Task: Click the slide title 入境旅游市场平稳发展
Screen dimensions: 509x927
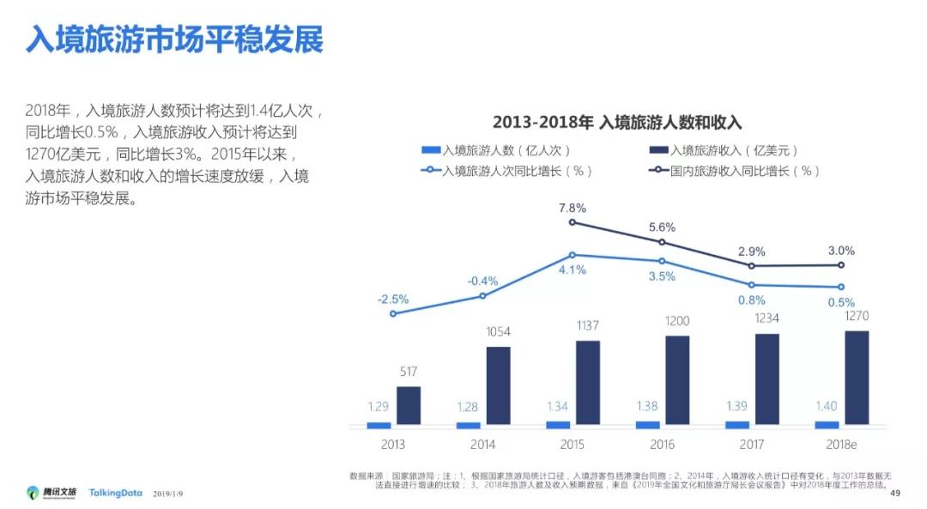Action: tap(173, 39)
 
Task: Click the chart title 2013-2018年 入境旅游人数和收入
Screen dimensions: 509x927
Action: tap(616, 122)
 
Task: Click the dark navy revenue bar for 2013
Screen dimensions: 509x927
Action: tap(409, 405)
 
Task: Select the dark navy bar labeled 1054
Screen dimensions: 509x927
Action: tap(498, 385)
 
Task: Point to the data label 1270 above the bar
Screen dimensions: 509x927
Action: tap(856, 315)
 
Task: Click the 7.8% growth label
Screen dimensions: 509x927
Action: tap(572, 208)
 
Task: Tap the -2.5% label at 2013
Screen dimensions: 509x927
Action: tap(392, 299)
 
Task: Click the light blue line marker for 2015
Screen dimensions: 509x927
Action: tap(573, 255)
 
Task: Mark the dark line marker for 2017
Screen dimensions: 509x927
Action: tap(752, 266)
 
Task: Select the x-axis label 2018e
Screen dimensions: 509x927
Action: tap(841, 445)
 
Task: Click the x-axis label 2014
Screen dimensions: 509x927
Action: tap(482, 445)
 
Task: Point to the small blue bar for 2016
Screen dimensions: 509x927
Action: tap(648, 425)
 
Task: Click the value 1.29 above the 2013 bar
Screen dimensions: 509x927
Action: tap(379, 406)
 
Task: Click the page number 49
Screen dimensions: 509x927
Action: tap(895, 493)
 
